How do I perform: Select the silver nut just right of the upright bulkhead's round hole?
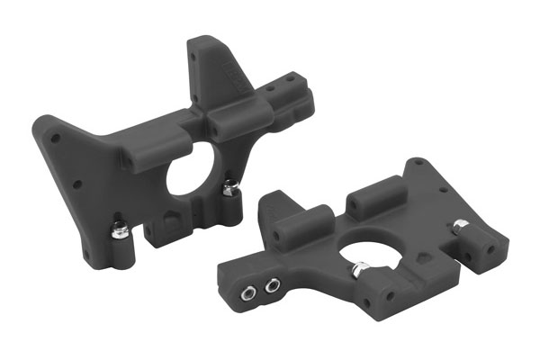230,188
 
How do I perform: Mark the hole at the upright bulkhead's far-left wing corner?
56,139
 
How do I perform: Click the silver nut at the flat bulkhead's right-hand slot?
460,225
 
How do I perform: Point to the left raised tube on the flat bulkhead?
297,221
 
